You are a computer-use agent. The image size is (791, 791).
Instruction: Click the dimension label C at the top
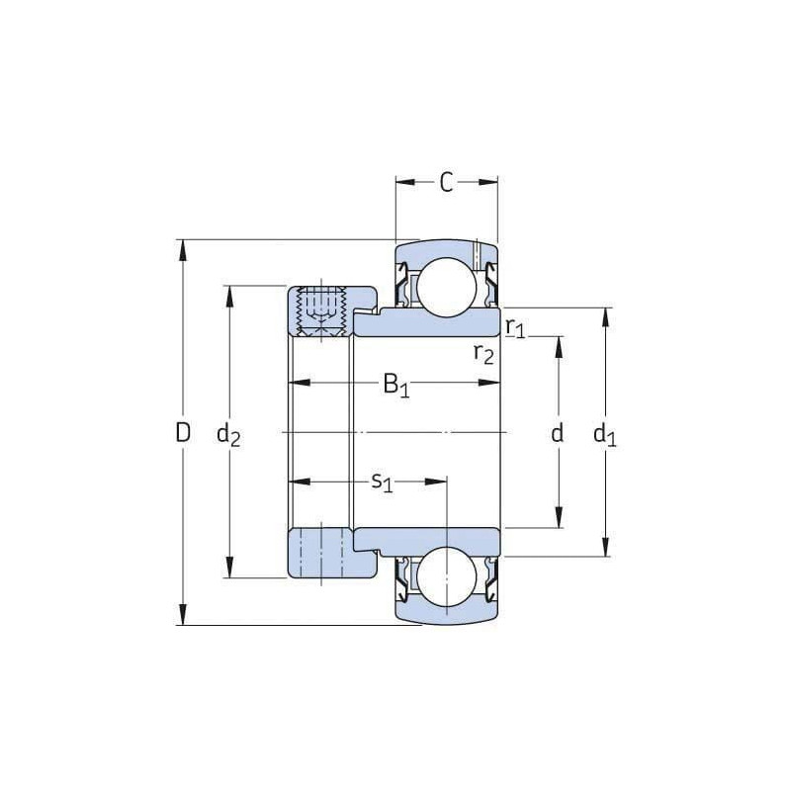[x=446, y=182]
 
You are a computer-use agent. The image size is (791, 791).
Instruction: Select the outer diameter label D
[x=183, y=432]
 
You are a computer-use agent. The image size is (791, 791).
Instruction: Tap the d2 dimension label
[x=228, y=433]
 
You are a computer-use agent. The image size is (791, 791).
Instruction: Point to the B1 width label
[x=395, y=385]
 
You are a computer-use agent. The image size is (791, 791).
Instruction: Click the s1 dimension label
[x=382, y=482]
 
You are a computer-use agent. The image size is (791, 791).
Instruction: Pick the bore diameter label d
[x=558, y=432]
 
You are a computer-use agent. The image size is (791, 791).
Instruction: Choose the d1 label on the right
[x=604, y=433]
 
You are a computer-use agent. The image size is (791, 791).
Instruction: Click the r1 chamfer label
[x=514, y=327]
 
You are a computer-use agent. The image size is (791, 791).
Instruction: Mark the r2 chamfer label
[x=483, y=353]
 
